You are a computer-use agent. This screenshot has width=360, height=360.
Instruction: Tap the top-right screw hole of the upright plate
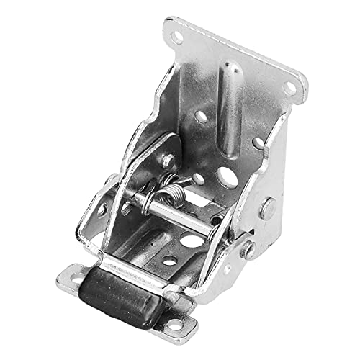click(x=291, y=88)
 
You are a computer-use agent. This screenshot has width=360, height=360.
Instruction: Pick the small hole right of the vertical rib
click(x=257, y=144)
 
